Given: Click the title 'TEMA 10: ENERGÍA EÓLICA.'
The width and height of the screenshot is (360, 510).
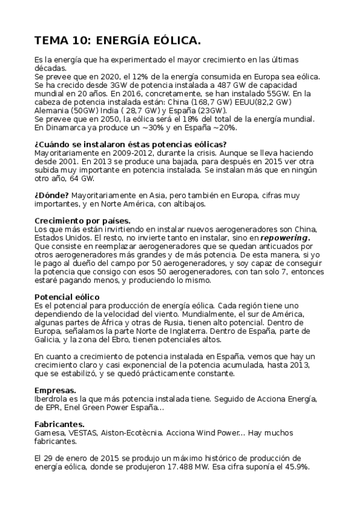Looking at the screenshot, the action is [118, 40].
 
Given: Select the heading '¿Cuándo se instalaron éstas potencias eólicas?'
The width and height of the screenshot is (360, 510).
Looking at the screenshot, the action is [130, 144].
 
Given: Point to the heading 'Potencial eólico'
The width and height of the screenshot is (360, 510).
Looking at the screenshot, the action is [67, 297].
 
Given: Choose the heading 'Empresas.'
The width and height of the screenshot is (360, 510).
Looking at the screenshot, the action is [55, 390].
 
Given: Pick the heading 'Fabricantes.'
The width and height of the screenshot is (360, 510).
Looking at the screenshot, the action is [59, 425].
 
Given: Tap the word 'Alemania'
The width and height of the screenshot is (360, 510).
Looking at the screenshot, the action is [52, 111].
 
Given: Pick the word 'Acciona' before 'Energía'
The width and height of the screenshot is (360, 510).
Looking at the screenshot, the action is [236, 399].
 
